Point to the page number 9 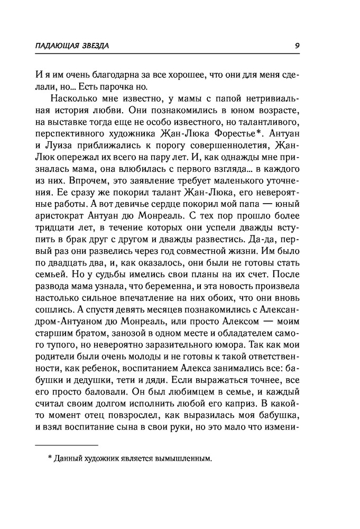tap(298, 45)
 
